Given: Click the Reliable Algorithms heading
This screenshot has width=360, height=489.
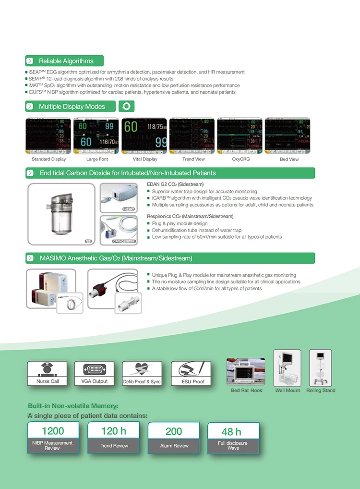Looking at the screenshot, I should pos(66,61).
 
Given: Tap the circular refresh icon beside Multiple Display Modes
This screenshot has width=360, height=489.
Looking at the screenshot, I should pos(126,106).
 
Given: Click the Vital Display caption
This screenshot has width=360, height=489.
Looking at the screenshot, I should pos(145,159).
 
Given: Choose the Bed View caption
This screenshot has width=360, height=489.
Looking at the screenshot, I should pos(289,159).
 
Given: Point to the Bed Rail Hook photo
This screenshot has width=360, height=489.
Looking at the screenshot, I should pos(246,371).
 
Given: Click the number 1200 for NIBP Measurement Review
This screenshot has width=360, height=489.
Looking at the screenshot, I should pos(53,431).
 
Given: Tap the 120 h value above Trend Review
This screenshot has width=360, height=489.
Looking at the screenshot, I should pos(114,431).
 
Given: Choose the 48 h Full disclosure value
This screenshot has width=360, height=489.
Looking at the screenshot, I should pos(231,432).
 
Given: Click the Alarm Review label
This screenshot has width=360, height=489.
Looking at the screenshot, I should pos(174,446).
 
